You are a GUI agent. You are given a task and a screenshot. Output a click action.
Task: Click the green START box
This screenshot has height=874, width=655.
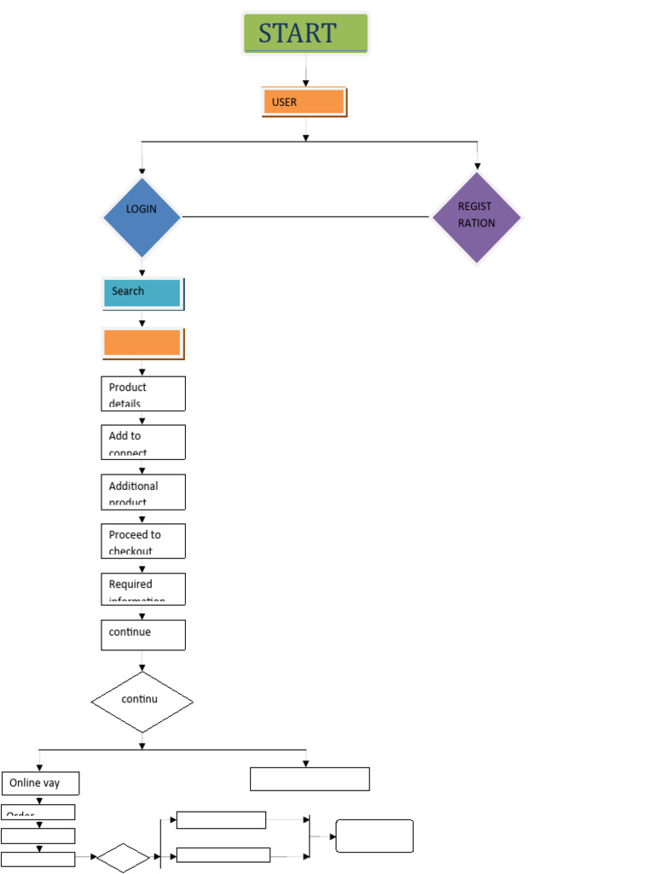point(305,33)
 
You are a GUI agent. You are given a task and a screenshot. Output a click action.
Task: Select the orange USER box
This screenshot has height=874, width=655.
point(304,102)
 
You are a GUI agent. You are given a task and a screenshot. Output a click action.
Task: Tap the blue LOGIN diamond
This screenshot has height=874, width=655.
point(142,217)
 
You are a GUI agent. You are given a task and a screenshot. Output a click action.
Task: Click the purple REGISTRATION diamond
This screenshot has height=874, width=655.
point(476,217)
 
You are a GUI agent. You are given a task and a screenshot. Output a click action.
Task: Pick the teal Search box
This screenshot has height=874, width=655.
point(142,293)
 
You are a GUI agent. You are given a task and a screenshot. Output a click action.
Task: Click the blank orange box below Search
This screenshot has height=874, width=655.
point(142,343)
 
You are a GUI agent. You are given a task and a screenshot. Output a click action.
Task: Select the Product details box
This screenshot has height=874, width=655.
point(142,393)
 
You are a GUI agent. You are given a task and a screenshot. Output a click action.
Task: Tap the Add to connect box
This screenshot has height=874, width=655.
point(142,442)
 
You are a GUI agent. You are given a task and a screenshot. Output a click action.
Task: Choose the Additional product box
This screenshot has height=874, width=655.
point(142,492)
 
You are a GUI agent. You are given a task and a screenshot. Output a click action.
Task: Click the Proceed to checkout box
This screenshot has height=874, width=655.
point(142,540)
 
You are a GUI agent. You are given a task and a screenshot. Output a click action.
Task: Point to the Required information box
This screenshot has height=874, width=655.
point(142,589)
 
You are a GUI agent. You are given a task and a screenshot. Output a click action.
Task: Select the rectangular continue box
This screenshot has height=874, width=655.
point(142,635)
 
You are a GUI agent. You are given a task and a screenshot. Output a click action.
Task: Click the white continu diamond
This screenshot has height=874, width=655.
point(142,702)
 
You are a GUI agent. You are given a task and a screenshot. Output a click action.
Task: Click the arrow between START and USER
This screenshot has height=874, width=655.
point(305,72)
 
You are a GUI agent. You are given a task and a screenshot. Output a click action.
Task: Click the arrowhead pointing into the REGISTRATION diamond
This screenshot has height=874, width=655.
point(477,166)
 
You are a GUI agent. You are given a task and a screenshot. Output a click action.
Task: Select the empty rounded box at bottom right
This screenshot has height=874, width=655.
point(374,836)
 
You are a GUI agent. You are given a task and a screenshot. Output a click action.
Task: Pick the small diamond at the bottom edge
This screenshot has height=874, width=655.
point(123,858)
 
